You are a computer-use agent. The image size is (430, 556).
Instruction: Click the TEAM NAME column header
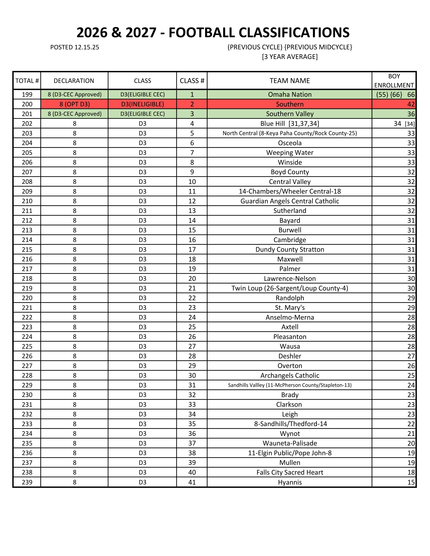coord(290,81)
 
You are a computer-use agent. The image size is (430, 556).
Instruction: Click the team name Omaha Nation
coord(290,95)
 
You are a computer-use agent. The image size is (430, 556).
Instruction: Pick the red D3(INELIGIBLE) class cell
coord(142,104)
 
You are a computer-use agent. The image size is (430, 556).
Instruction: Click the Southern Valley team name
coord(290,114)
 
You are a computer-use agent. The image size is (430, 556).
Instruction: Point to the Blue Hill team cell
coord(290,123)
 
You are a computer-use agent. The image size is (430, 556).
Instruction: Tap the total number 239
coord(27,482)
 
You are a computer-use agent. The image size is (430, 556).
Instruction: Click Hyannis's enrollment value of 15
coord(411,482)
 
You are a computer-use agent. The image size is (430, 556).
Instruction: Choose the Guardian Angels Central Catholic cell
coord(290,201)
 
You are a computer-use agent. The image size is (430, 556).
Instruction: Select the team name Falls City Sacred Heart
coord(290,472)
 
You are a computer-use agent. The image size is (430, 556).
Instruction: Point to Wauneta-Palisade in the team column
coord(290,443)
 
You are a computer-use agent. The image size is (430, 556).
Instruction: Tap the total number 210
coord(27,201)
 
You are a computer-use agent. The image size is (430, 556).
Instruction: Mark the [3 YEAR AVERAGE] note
coord(290,57)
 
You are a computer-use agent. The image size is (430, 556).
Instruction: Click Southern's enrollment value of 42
coord(411,104)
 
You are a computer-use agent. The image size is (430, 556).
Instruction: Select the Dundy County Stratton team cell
coord(290,250)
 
